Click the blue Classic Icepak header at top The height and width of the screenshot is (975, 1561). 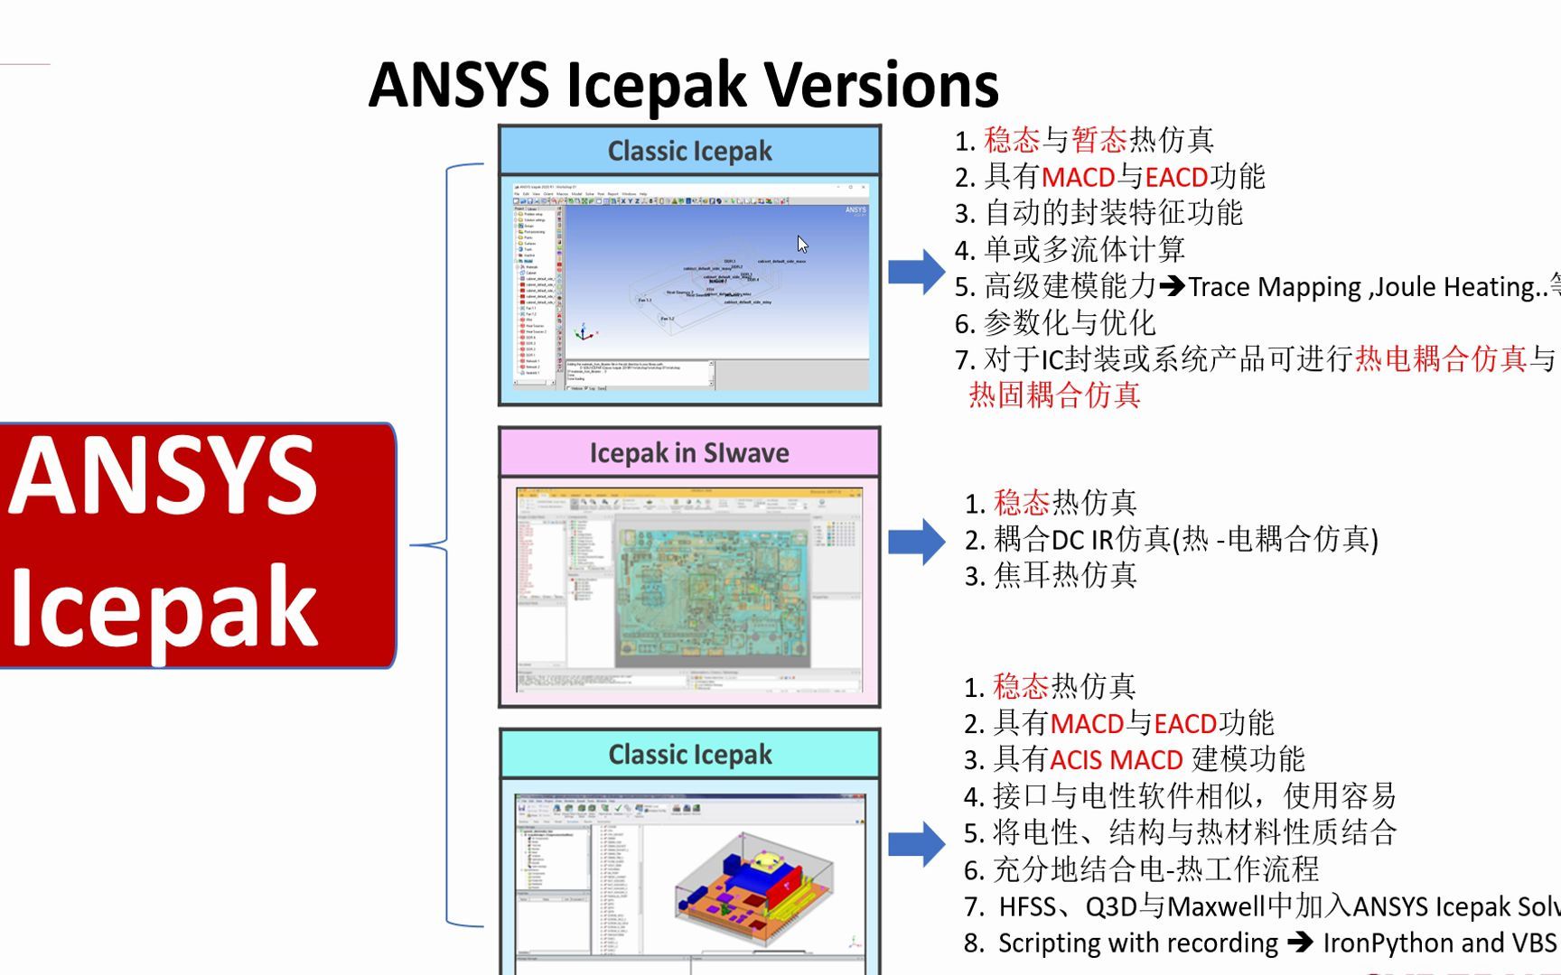(x=689, y=151)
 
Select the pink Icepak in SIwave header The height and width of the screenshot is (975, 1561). (x=689, y=452)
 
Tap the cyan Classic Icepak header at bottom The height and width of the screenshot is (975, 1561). (x=689, y=754)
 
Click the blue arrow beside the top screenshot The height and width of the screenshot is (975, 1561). (x=916, y=271)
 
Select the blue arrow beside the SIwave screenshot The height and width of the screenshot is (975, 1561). (x=916, y=542)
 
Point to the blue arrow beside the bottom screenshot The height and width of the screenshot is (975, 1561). (x=916, y=844)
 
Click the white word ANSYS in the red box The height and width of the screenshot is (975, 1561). (x=163, y=477)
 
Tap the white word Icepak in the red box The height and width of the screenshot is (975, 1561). (x=163, y=607)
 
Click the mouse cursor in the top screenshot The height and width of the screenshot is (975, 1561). (x=802, y=244)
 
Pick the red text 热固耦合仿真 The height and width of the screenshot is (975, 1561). (x=1054, y=395)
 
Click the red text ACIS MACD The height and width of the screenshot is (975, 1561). (x=1116, y=760)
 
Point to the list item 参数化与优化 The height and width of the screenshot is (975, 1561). (x=1070, y=323)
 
